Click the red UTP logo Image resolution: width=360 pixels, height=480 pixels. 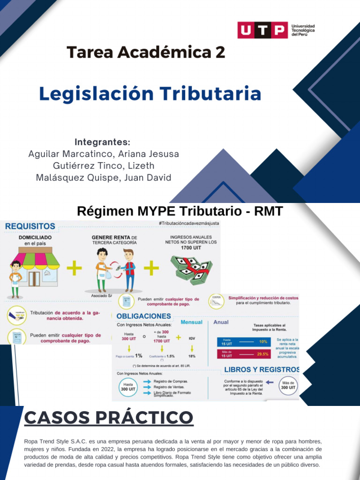pos(262,30)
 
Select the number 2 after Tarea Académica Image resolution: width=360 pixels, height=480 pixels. pos(220,52)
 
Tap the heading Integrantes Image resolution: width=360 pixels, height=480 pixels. pos(102,142)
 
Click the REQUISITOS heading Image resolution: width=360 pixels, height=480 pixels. pos(30,226)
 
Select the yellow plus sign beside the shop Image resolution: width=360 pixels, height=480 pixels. pos(74,269)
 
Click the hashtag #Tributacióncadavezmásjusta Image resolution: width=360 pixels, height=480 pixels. pos(188,224)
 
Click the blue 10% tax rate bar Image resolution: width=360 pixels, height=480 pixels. pos(245,342)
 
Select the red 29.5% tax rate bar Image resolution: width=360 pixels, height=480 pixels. pos(245,354)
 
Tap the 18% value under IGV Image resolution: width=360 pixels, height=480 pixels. pos(192,356)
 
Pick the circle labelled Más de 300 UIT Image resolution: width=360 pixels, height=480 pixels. pos(288,385)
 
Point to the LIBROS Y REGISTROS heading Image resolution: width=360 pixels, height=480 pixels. pos(262,369)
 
